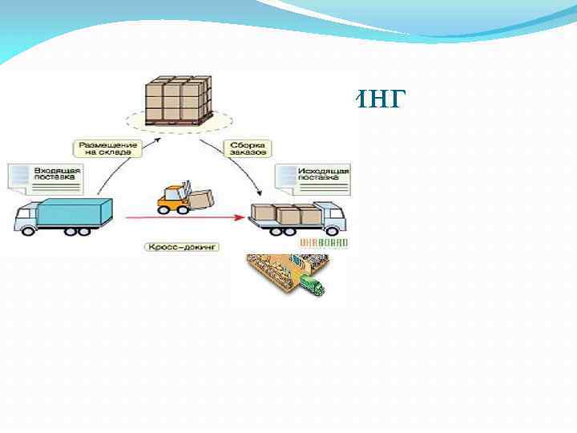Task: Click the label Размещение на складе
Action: [108, 148]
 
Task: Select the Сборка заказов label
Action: [246, 148]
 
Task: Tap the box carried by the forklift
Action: [200, 196]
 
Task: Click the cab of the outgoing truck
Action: [333, 215]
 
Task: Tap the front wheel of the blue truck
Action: [29, 231]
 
